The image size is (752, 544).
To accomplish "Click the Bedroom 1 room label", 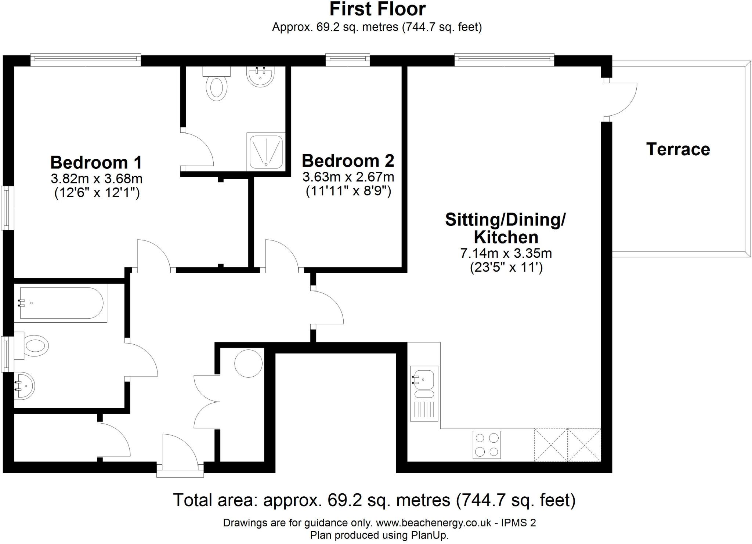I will coord(96,162).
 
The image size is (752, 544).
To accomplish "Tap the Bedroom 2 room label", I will coord(348,161).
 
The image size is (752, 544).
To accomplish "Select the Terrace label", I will coord(678,149).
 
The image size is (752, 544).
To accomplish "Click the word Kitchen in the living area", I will coord(506,237).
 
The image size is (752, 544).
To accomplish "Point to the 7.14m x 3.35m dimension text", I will coord(506,253).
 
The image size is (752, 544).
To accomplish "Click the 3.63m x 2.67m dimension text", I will coord(348,177).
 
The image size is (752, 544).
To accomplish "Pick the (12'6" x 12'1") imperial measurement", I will coord(97,193).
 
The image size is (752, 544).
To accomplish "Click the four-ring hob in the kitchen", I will coord(487,445).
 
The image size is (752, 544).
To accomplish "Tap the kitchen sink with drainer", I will coord(424,393).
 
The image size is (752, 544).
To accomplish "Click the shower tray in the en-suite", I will coord(266,152).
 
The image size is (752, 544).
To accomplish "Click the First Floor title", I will coord(377,9).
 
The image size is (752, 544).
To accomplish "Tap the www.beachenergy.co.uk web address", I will coord(433,523).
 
